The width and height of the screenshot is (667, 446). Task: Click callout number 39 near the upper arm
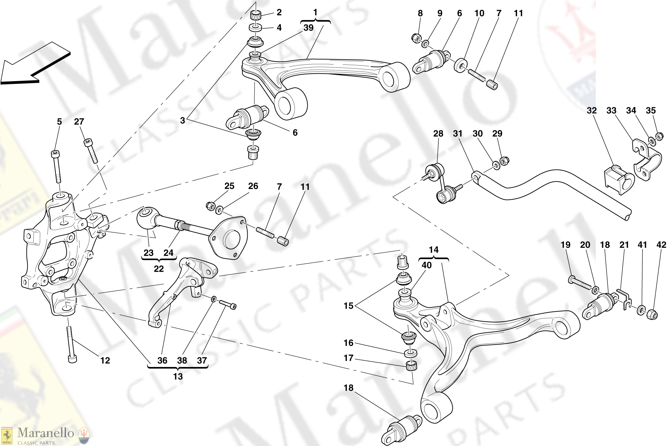(308, 28)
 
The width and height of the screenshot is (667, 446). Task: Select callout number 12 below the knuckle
(105, 360)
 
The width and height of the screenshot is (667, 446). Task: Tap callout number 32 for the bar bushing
(592, 111)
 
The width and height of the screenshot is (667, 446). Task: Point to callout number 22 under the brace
(159, 269)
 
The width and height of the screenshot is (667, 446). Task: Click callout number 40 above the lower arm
(426, 265)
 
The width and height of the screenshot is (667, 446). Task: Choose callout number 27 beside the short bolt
(79, 122)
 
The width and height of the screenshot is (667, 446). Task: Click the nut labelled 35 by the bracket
(659, 136)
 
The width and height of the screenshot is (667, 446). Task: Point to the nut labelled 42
(652, 315)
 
